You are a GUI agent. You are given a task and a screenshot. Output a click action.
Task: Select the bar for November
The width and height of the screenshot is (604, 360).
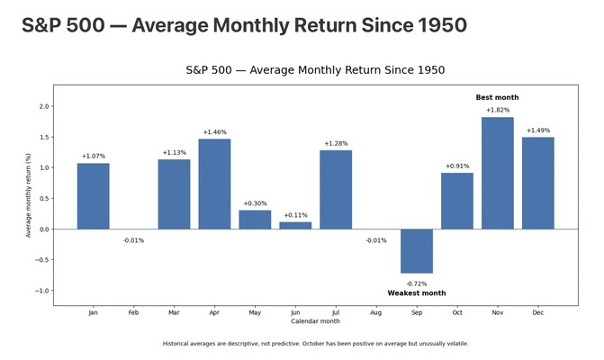497,174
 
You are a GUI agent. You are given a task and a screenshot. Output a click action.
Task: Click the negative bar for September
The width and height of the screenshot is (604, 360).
417,251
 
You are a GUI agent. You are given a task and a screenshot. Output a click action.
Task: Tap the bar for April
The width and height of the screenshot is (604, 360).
214,184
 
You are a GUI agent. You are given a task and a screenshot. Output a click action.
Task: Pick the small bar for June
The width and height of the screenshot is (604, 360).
295,226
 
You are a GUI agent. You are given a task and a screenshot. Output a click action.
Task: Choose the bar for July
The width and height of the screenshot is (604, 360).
336,190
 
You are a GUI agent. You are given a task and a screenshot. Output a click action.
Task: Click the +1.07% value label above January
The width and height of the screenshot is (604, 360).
94,156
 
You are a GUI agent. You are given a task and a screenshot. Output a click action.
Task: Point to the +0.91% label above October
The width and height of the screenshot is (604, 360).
457,166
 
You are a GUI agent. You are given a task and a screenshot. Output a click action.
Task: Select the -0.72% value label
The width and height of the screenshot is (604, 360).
417,283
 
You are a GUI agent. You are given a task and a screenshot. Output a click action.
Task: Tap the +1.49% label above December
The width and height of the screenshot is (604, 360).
538,130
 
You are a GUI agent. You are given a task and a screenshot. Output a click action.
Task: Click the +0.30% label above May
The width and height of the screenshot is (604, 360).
255,203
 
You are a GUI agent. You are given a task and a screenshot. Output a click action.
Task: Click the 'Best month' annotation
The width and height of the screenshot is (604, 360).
497,97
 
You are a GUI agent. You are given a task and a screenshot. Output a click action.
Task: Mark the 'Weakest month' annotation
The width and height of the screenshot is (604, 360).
417,293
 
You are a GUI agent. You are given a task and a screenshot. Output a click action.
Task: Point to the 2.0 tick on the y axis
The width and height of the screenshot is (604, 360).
44,106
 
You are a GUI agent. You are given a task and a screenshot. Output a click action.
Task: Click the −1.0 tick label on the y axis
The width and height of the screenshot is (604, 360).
42,291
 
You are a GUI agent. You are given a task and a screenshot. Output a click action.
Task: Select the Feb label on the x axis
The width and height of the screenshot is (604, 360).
133,312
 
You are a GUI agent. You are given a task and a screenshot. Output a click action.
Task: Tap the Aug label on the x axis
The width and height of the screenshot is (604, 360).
376,312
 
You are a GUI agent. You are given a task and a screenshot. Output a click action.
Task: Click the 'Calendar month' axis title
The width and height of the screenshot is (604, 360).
315,321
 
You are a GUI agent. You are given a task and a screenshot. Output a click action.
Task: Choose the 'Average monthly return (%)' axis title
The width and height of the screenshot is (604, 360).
28,195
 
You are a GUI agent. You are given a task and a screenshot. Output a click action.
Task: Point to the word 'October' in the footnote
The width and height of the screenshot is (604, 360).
313,344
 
